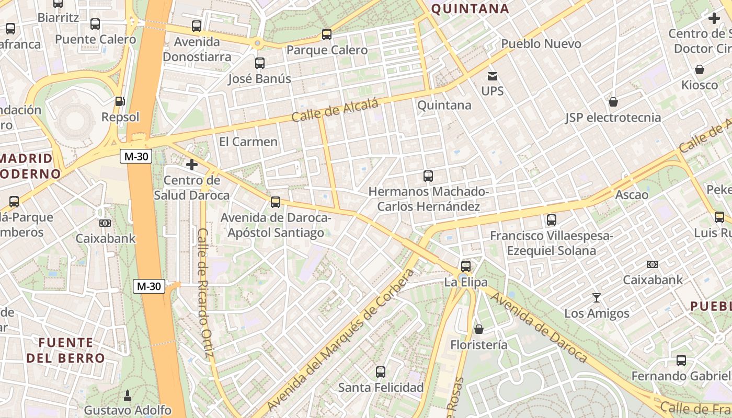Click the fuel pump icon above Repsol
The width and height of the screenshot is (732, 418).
[120, 101]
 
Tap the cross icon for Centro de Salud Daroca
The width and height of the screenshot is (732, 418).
[192, 165]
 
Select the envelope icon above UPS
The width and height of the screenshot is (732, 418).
[492, 76]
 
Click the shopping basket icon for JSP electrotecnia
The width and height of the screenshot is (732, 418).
[613, 102]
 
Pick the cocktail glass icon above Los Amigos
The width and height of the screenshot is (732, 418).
[597, 298]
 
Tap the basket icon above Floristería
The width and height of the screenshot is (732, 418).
[478, 329]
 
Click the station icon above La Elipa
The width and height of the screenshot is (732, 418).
[466, 266]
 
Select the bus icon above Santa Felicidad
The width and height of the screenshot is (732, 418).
[381, 372]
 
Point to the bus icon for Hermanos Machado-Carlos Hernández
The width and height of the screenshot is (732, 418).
[428, 176]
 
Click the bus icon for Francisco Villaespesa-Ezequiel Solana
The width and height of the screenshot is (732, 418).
[551, 220]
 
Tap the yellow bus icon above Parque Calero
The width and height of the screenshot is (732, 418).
[327, 34]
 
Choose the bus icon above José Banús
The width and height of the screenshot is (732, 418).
[260, 63]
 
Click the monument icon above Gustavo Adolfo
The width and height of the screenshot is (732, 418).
[127, 394]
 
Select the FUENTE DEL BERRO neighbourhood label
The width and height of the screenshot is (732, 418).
[66, 351]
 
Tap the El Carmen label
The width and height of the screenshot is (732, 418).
[248, 142]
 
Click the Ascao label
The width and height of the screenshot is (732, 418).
[632, 195]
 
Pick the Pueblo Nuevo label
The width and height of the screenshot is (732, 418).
[541, 44]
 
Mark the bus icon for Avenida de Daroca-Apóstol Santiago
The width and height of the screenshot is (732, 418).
[276, 202]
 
